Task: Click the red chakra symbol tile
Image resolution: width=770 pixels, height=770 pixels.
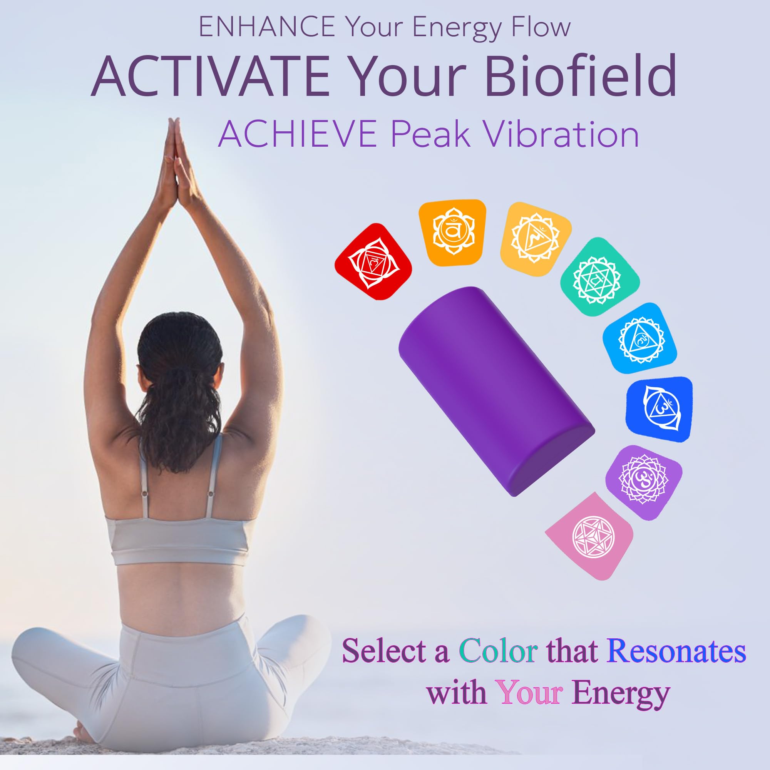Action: pos(373,262)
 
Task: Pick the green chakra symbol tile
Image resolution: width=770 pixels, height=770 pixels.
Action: pos(597,276)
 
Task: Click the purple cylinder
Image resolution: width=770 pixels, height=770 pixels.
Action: pos(496,390)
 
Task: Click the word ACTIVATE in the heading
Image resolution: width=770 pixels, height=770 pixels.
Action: pos(211,76)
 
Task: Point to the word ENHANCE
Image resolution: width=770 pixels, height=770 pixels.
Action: pos(267,27)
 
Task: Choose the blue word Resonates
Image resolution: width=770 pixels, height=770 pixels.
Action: pos(676,652)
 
